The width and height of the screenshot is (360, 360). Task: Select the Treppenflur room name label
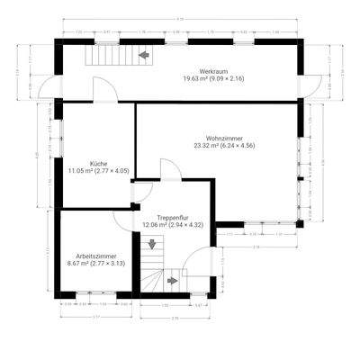click(171, 217)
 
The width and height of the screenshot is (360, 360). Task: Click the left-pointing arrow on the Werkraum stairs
click(143, 57)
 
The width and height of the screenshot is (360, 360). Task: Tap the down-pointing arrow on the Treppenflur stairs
click(151, 243)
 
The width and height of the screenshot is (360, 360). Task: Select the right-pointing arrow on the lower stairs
click(172, 281)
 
